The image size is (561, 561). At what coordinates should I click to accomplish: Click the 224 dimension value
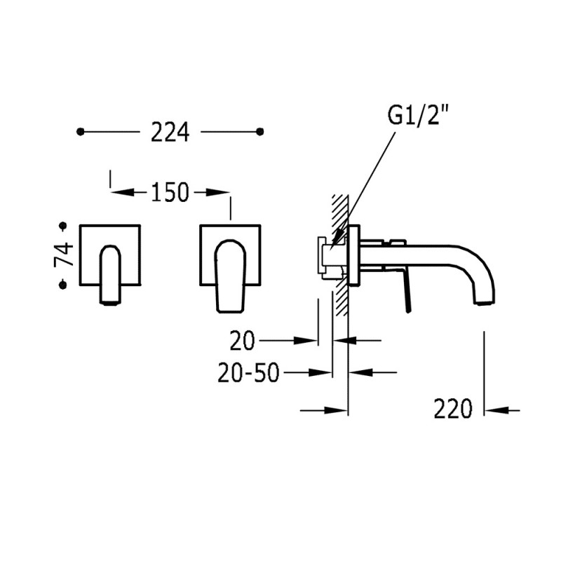170,133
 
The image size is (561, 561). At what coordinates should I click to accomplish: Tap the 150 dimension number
170,192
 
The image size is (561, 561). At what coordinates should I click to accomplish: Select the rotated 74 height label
64,255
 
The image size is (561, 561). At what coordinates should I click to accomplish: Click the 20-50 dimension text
248,372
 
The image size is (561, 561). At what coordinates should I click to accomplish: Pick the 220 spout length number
453,409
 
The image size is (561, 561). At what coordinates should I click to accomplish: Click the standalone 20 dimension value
242,341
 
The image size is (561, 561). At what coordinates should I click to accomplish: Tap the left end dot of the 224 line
81,132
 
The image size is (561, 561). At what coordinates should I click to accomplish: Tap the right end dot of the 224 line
260,132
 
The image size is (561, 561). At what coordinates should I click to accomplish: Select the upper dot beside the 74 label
63,226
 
